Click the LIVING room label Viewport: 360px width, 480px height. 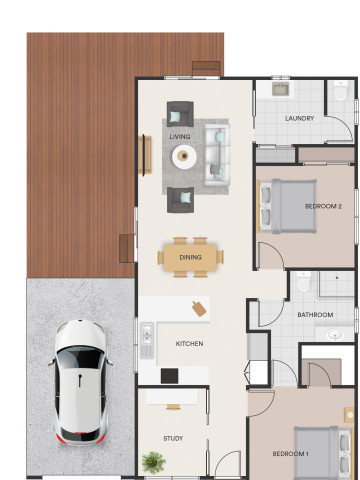pyautogui.click(x=180, y=137)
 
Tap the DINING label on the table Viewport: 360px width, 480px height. pyautogui.click(x=190, y=257)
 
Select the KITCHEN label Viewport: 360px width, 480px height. pyautogui.click(x=189, y=344)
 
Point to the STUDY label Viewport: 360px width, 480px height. pyautogui.click(x=173, y=438)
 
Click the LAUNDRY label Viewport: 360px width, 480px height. pyautogui.click(x=299, y=118)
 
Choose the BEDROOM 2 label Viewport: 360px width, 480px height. pyautogui.click(x=323, y=206)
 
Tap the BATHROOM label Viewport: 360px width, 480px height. pyautogui.click(x=315, y=315)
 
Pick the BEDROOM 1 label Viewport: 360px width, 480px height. pyautogui.click(x=290, y=454)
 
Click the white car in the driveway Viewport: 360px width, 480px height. pyautogui.click(x=80, y=382)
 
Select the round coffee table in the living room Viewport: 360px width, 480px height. pyautogui.click(x=184, y=156)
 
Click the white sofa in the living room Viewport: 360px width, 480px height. pyautogui.click(x=217, y=155)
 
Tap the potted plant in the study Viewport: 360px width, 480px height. pyautogui.click(x=153, y=462)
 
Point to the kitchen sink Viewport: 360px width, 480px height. pyautogui.click(x=147, y=334)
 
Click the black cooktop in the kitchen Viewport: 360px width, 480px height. pyautogui.click(x=169, y=376)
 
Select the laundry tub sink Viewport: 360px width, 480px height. pyautogui.click(x=280, y=89)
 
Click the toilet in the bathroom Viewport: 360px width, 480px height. pyautogui.click(x=304, y=282)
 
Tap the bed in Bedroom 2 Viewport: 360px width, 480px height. pyautogui.click(x=288, y=206)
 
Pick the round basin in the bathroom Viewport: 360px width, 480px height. pyautogui.click(x=335, y=334)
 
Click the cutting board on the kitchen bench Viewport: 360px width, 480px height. pyautogui.click(x=199, y=309)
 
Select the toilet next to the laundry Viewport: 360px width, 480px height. pyautogui.click(x=341, y=91)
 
